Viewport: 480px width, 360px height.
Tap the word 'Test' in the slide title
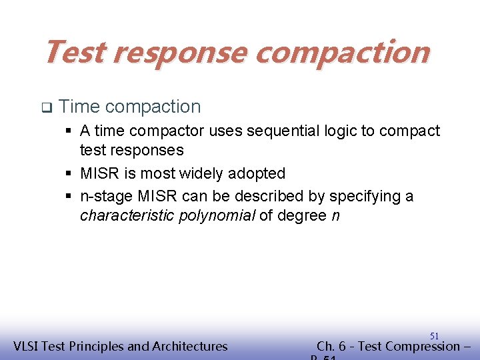click(x=74, y=52)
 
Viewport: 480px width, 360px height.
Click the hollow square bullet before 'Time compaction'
click(x=46, y=107)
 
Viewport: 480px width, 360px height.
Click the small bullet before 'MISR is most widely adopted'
click(x=69, y=174)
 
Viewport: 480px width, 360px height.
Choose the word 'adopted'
click(x=257, y=174)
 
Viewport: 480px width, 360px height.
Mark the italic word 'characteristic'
click(x=127, y=216)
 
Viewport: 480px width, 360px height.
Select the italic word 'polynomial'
click(x=217, y=216)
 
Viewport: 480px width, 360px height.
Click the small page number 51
click(x=434, y=336)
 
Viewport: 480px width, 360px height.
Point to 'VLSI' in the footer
click(x=27, y=346)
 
